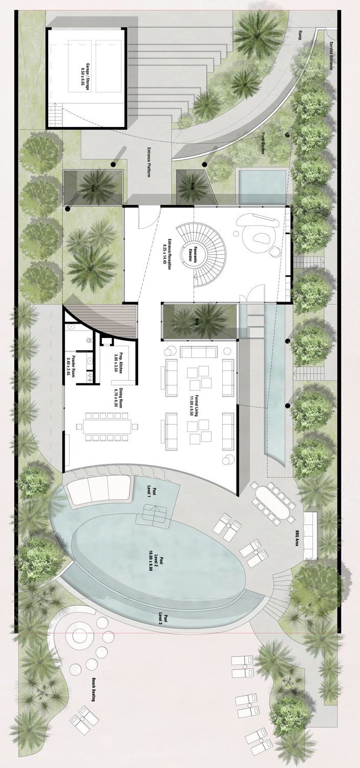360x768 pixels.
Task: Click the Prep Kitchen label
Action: (119, 363)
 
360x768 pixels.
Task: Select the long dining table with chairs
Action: (108, 425)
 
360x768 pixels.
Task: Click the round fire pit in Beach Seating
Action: (80, 635)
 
